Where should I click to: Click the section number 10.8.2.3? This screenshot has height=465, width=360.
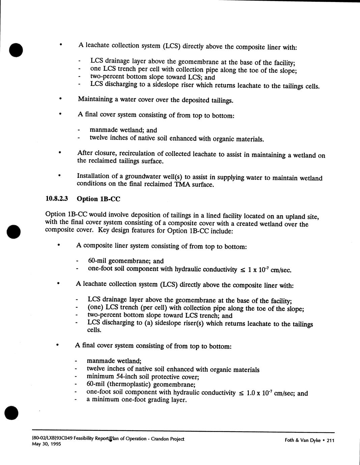(57, 198)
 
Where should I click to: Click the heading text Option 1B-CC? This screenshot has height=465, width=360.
(98, 199)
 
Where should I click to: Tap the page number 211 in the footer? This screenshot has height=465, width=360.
(330, 440)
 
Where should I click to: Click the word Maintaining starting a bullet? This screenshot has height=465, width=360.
(95, 99)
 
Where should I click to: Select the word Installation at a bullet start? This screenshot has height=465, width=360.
(93, 176)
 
